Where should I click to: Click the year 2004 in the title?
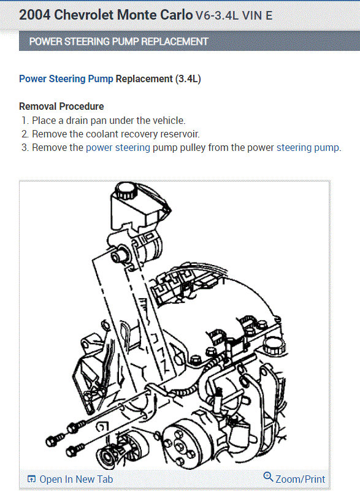click(x=34, y=15)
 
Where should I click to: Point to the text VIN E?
click(x=258, y=16)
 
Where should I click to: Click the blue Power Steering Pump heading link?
click(x=66, y=79)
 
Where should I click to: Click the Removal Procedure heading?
click(x=61, y=106)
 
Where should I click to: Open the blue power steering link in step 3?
click(x=118, y=147)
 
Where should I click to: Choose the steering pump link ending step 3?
click(x=308, y=147)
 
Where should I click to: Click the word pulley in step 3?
click(x=193, y=147)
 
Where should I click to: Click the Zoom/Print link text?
click(x=300, y=479)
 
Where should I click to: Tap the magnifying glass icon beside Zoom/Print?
click(x=268, y=477)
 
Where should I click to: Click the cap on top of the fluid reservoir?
click(x=125, y=190)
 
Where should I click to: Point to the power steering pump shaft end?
click(x=118, y=256)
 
